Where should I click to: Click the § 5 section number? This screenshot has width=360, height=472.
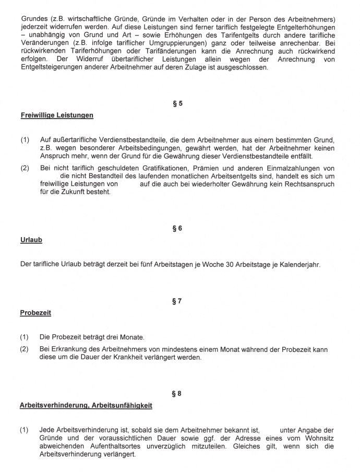click(177, 103)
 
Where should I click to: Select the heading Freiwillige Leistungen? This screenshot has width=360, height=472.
click(56, 115)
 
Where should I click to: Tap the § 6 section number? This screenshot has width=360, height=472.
click(177, 228)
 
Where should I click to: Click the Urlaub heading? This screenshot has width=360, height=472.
click(31, 240)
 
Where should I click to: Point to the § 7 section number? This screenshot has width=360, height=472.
click(177, 301)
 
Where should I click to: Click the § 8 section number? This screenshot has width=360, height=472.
click(177, 393)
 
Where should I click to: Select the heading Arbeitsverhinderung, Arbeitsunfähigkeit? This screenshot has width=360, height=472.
click(86, 405)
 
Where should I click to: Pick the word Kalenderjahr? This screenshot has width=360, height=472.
click(299, 264)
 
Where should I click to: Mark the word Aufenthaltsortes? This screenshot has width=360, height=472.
click(121, 446)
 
